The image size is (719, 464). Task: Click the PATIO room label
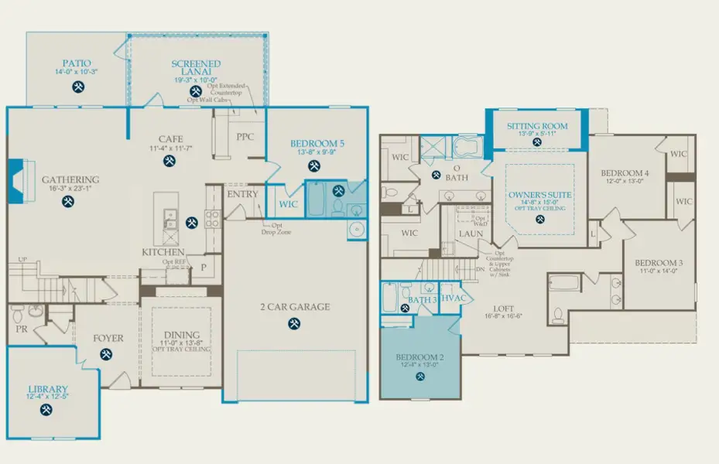pyautogui.click(x=77, y=63)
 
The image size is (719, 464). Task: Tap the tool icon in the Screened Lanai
pyautogui.click(x=197, y=91)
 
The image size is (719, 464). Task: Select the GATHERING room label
pyautogui.click(x=70, y=179)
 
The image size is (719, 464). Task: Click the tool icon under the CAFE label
pyautogui.click(x=169, y=161)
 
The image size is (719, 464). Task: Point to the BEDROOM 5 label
pyautogui.click(x=317, y=144)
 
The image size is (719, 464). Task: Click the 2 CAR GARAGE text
pyautogui.click(x=294, y=306)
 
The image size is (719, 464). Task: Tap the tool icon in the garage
pyautogui.click(x=294, y=324)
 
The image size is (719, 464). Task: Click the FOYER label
pyautogui.click(x=108, y=338)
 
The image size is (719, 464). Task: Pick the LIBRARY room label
pyautogui.click(x=48, y=389)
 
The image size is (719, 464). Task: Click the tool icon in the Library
pyautogui.click(x=47, y=410)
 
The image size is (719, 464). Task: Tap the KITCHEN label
pyautogui.click(x=163, y=252)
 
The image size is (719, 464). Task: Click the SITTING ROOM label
pyautogui.click(x=537, y=126)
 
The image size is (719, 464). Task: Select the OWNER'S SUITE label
pyautogui.click(x=539, y=193)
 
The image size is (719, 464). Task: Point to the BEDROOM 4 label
pyautogui.click(x=625, y=173)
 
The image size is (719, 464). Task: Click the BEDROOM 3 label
pyautogui.click(x=653, y=263)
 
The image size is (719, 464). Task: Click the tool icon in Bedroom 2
pyautogui.click(x=420, y=377)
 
